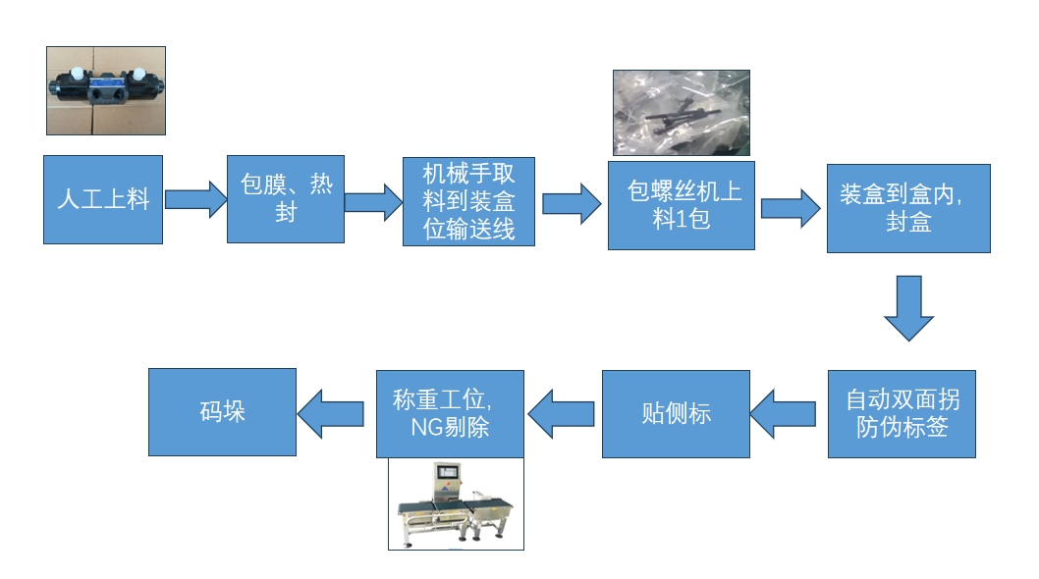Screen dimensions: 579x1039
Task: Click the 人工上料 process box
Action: (103, 199)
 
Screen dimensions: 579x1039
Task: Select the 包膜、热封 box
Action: (286, 198)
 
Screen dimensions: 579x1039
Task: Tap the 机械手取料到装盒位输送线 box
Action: (468, 202)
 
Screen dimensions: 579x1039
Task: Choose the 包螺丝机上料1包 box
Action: (682, 205)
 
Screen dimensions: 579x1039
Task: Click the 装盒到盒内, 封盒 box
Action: (908, 208)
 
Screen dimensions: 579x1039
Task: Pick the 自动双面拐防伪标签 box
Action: (902, 413)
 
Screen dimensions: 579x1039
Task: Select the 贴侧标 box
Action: (676, 413)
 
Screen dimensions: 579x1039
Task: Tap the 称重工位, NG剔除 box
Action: (450, 413)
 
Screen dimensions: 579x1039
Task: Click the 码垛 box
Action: (222, 411)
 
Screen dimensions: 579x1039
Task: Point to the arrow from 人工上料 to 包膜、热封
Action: (194, 199)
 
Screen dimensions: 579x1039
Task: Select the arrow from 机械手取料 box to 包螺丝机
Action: (572, 203)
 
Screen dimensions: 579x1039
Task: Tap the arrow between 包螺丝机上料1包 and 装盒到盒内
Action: (791, 208)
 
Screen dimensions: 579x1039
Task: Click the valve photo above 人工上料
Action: (106, 90)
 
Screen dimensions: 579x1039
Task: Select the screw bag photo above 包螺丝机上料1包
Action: (682, 113)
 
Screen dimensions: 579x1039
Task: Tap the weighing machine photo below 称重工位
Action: (456, 503)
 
